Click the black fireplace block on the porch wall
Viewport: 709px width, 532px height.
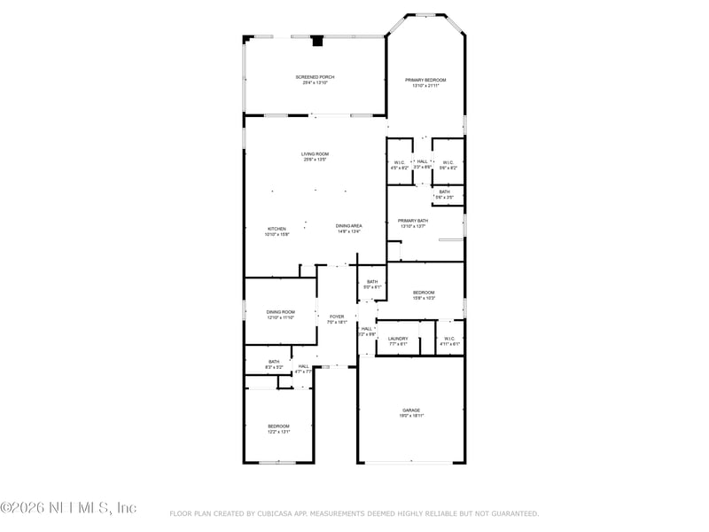pyautogui.click(x=316, y=40)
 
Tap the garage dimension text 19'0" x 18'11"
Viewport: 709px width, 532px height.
pyautogui.click(x=412, y=416)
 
